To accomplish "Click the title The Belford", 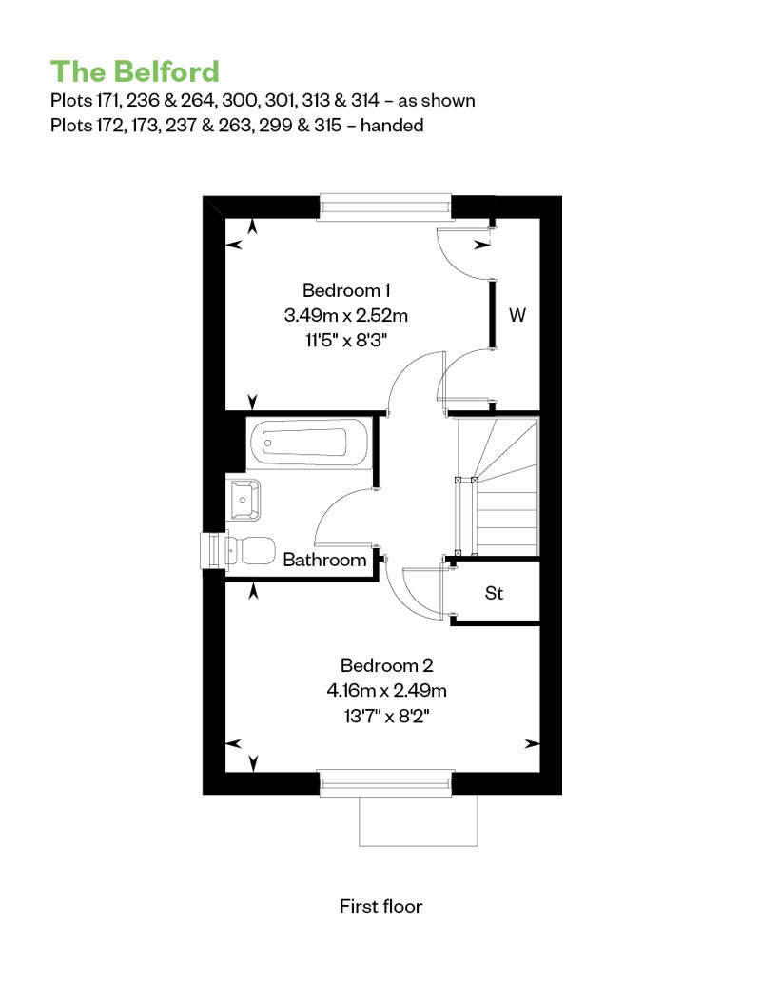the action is (x=134, y=71).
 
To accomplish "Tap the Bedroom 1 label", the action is (x=346, y=290).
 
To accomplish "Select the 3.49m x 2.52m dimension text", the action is (x=346, y=315).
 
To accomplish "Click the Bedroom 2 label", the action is (x=386, y=665).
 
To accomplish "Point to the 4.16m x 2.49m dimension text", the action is (x=386, y=690).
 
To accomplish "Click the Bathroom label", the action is (x=324, y=560).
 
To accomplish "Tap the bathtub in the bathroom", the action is (x=308, y=443).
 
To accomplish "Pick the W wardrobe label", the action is (x=517, y=314).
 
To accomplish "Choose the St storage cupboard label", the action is (x=494, y=593).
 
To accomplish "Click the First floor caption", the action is (x=380, y=906).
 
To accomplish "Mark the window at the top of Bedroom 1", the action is (x=385, y=207).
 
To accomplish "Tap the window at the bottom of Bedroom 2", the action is (x=386, y=783).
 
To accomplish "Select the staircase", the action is (x=497, y=486).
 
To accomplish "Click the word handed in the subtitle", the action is (x=392, y=125).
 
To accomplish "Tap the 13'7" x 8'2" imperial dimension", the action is (x=386, y=716).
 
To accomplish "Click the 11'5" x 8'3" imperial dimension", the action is (x=346, y=340).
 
